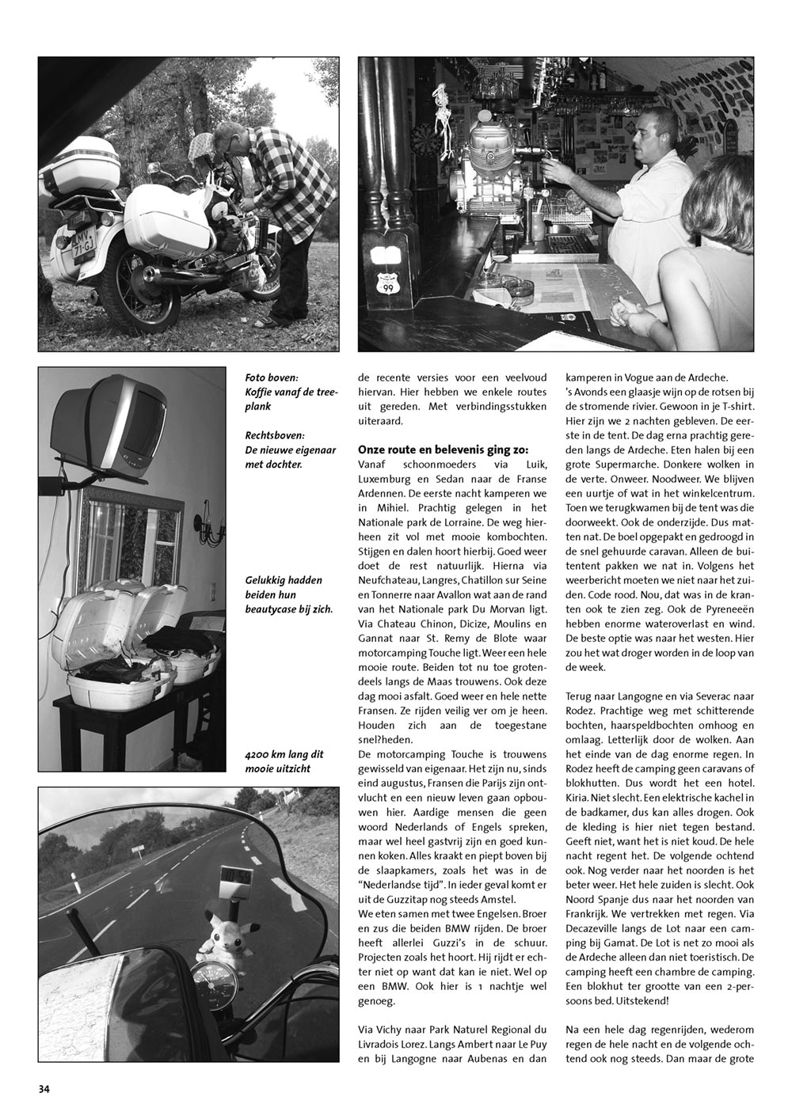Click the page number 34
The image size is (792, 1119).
coord(44,1089)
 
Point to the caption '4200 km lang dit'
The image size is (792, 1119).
coord(284,754)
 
